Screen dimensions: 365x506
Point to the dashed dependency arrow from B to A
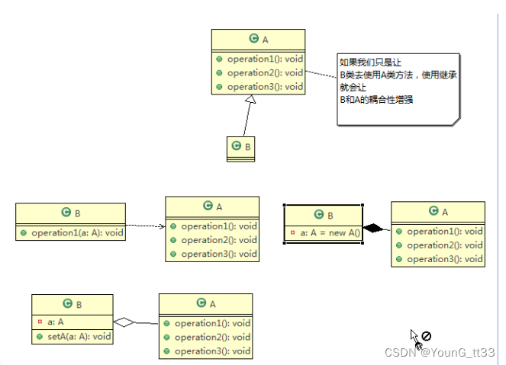[x=145, y=226]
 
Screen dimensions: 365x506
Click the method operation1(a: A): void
[x=76, y=232]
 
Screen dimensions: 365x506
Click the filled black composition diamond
[x=374, y=227]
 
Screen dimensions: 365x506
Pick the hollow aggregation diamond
[x=124, y=322]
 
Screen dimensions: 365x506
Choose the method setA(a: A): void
[x=79, y=336]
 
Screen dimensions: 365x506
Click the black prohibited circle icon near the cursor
[x=427, y=335]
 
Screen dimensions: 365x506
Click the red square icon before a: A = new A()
[x=292, y=232]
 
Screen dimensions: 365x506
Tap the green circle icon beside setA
[x=39, y=336]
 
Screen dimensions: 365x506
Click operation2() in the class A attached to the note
[x=264, y=73]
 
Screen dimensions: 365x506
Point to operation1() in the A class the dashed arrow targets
[x=218, y=226]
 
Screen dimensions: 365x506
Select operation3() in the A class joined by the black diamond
[x=444, y=259]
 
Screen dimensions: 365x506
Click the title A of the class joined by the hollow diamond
[x=205, y=303]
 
